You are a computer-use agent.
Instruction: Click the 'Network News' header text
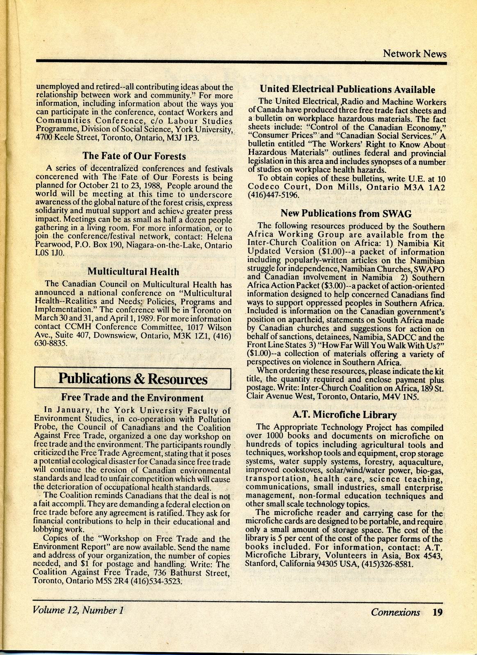click(x=415, y=54)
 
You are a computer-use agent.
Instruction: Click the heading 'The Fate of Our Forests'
click(x=134, y=156)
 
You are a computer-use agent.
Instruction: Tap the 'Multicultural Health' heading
click(x=133, y=272)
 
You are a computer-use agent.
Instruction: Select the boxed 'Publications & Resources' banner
click(x=133, y=379)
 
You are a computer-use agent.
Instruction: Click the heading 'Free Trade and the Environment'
click(x=132, y=398)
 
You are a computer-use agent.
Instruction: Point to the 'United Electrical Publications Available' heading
click(x=347, y=90)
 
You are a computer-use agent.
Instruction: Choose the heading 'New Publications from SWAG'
click(x=346, y=214)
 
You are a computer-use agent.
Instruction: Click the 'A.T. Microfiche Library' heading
click(x=344, y=415)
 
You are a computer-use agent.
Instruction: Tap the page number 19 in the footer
click(x=438, y=612)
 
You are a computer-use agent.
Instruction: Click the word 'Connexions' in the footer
click(x=395, y=612)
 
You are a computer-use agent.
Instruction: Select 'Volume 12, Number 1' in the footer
click(x=78, y=610)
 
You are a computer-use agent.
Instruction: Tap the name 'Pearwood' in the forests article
click(x=51, y=246)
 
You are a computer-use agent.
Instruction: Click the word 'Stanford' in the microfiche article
click(x=261, y=564)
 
